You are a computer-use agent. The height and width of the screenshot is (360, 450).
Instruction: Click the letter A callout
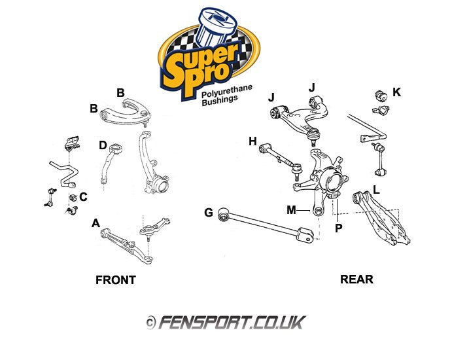[x=95, y=223]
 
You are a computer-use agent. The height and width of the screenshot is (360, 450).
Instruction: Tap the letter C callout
[x=83, y=196]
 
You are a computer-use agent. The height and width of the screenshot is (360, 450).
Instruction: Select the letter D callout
[x=103, y=145]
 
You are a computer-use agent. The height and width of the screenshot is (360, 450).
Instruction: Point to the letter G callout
[x=209, y=212]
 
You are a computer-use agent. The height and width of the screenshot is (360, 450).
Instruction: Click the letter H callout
[x=252, y=141]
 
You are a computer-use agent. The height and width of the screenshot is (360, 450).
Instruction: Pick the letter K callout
[x=396, y=92]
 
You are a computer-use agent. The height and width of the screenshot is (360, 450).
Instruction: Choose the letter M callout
[x=291, y=209]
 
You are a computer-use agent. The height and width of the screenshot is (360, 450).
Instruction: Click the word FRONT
[x=116, y=280]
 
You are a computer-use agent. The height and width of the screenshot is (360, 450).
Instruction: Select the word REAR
[x=356, y=279]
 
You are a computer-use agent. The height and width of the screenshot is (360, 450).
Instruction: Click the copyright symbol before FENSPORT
[x=150, y=323]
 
